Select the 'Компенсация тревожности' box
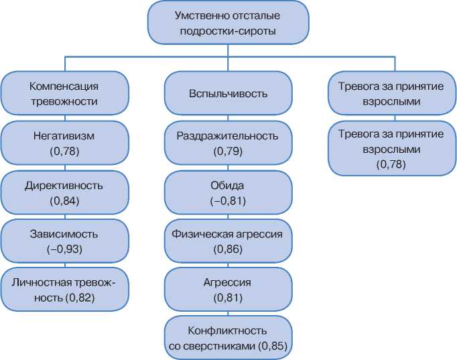pos(64,93)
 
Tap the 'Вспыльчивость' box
pos(227,93)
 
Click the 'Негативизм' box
pos(64,143)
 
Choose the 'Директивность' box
pos(64,192)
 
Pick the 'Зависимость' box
pos(64,241)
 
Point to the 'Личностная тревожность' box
pos(64,290)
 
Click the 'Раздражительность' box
pos(227,143)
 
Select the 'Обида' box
pos(227,192)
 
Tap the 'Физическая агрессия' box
pos(227,241)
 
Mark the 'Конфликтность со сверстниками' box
pos(227,339)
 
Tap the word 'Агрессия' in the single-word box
pos(227,282)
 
